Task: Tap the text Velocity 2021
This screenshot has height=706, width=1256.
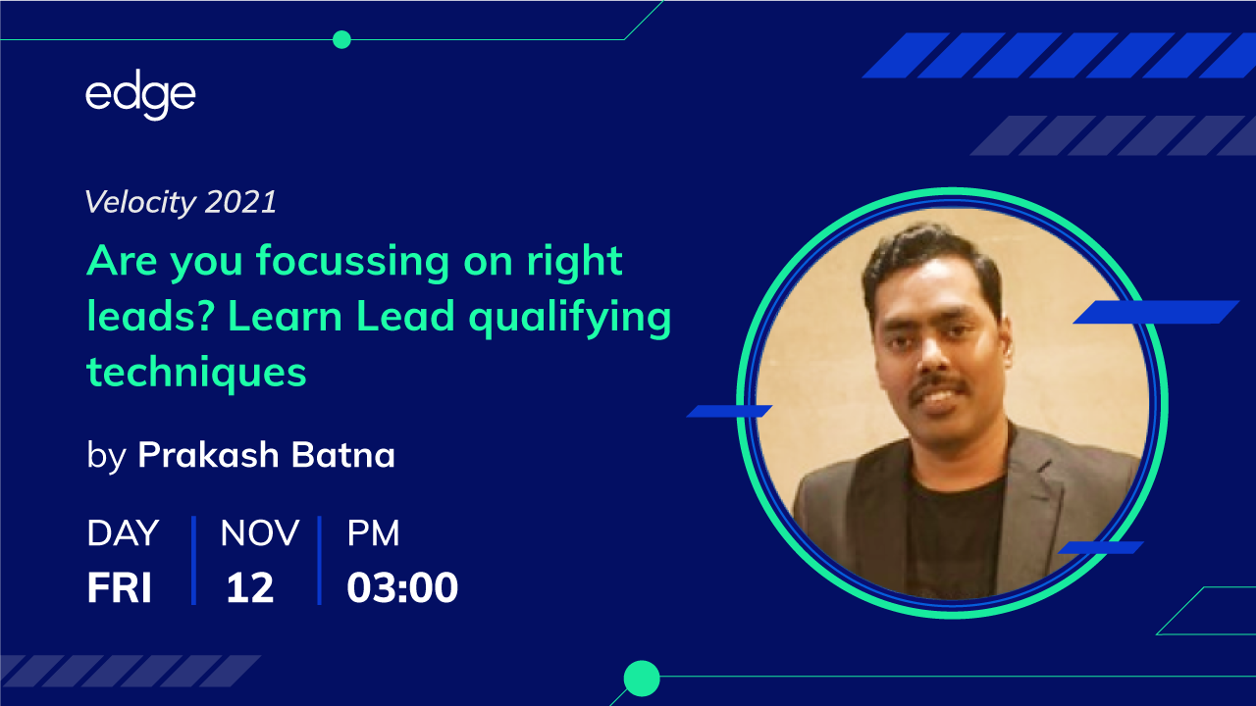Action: coord(181,202)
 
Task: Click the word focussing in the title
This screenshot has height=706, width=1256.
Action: coord(352,262)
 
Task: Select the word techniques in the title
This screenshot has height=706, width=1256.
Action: coord(197,372)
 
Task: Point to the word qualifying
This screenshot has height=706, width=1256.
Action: coord(570,318)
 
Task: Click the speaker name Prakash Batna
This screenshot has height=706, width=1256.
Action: coord(266,454)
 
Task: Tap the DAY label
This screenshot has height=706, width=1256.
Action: coord(123,532)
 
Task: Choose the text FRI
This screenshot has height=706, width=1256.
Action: coord(119,587)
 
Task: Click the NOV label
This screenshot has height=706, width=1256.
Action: coord(260,532)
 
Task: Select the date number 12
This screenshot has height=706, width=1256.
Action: coord(249,587)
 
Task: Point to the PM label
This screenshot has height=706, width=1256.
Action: coord(374,532)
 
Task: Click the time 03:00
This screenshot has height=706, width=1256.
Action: coord(402,587)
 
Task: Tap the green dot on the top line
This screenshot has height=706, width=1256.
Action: coord(341,40)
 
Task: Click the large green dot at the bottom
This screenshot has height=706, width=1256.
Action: coord(642,679)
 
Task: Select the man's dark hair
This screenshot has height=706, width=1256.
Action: coord(932,258)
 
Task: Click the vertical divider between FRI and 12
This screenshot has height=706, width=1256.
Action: coord(194,560)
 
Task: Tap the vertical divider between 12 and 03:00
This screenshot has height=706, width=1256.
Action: coord(320,560)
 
